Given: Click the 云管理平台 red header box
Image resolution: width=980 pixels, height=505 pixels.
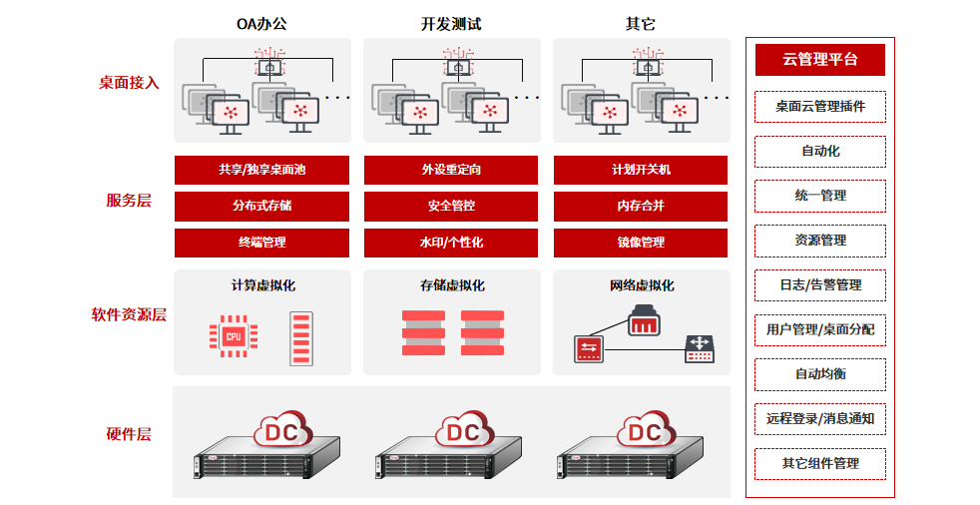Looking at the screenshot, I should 819,60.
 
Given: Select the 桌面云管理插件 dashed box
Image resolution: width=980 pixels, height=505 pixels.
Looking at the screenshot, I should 819,106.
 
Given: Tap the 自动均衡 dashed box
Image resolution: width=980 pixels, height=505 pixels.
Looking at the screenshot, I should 819,374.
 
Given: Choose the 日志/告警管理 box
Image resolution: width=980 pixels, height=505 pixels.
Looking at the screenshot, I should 819,284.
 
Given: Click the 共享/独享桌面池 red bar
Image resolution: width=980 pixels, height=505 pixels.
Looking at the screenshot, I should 261,170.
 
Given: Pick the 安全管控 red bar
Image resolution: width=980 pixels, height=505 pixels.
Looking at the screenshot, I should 451,206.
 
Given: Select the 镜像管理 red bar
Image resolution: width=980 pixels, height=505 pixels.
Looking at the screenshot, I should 641,243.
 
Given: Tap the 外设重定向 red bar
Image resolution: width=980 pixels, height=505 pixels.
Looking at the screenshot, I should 451,170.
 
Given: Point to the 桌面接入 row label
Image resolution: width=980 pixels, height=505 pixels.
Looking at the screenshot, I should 129,83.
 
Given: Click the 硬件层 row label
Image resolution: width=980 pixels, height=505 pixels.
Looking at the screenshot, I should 129,434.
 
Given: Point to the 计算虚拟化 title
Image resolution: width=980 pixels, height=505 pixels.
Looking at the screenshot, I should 262,285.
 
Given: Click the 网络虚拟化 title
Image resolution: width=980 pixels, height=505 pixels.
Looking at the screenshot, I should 642,285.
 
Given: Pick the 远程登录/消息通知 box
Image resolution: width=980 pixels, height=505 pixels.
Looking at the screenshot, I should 819,419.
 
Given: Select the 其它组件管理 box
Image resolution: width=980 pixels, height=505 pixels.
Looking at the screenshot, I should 819,464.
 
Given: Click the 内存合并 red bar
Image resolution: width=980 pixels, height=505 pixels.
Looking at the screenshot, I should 641,206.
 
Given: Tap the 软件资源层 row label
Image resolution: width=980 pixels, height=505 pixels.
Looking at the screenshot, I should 129,315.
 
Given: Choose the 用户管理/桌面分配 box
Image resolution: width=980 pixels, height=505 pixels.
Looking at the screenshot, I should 819,329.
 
